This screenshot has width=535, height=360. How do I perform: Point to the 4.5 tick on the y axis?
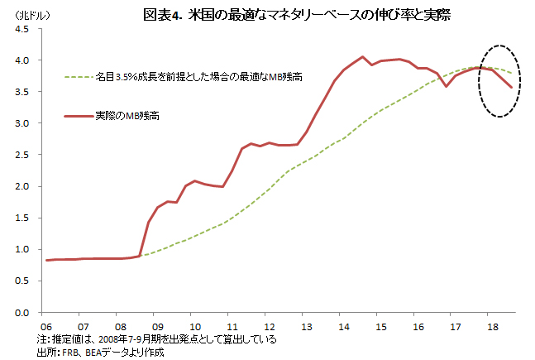click(23, 30)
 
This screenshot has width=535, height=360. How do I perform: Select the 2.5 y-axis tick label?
click(23, 155)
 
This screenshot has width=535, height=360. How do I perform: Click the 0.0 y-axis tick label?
click(23, 313)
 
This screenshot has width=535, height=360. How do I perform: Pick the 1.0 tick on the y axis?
click(23, 250)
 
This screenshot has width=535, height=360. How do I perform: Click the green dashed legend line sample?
click(80, 77)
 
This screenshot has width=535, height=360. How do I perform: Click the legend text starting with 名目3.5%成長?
click(198, 77)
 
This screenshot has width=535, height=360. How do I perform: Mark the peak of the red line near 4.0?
click(363, 56)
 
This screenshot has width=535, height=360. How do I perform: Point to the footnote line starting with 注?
click(157, 339)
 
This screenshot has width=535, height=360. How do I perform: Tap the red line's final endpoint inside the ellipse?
click(511, 88)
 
